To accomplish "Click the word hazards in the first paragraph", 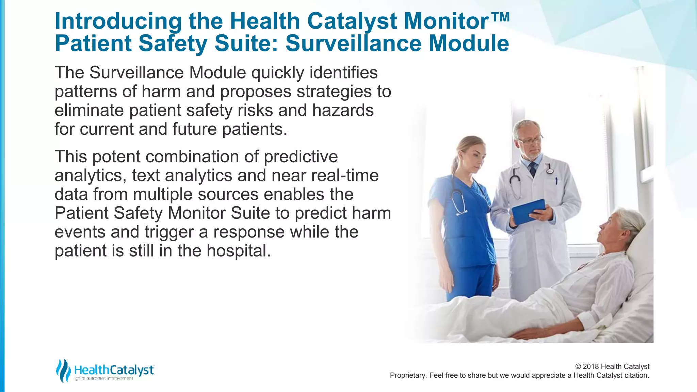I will point(343,110).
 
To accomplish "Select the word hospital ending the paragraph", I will point(238,250).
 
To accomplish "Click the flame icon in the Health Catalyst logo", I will point(63,371).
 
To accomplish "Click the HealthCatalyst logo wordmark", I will point(114,370).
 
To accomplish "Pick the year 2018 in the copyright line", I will point(591,366).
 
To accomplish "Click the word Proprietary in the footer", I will point(408,375).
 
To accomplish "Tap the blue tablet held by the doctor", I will point(528,211).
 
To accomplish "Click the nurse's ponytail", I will point(455,163).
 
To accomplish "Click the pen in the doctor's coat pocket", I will point(556,181).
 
